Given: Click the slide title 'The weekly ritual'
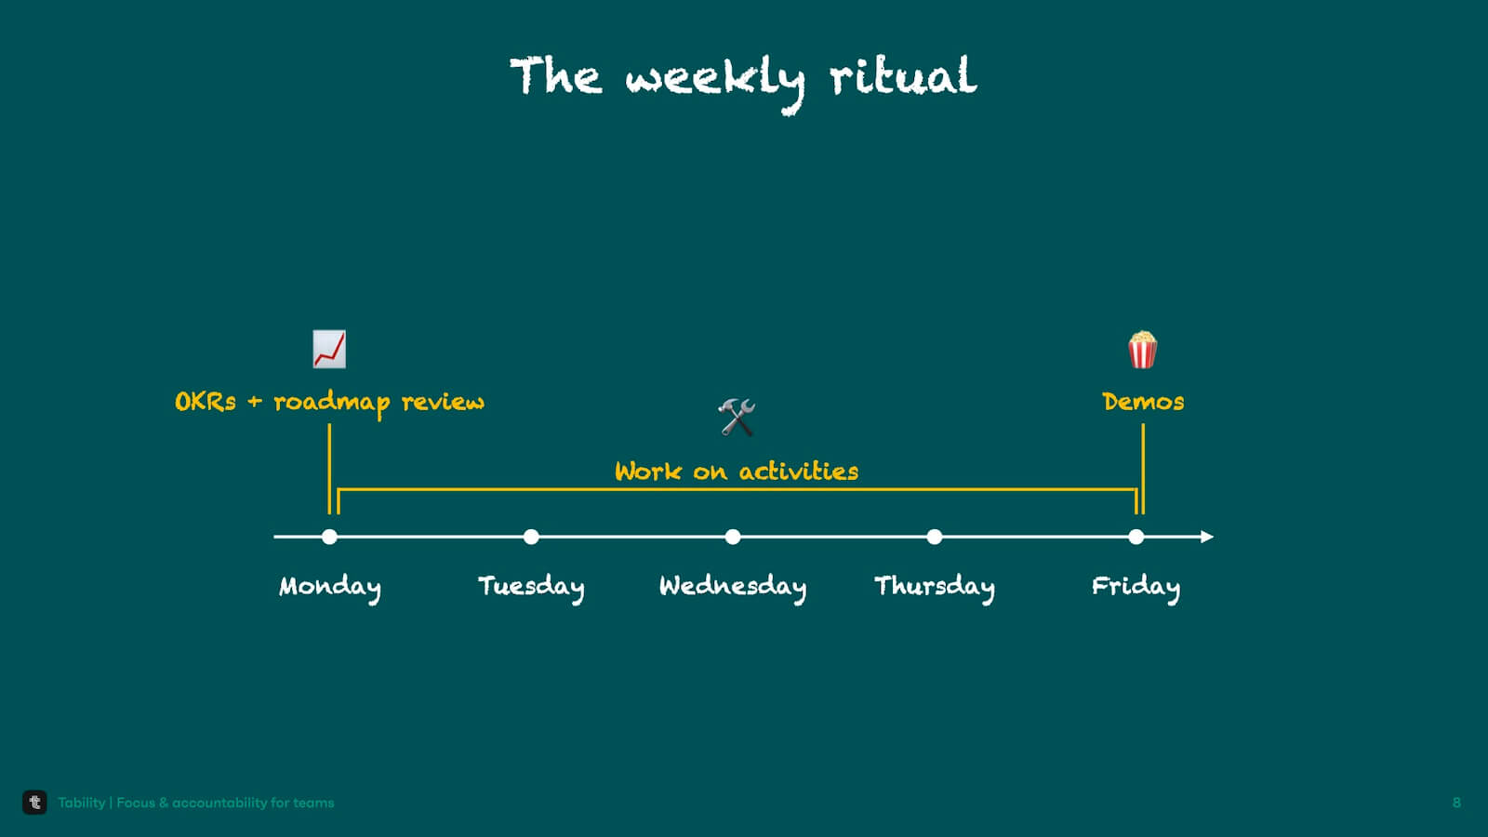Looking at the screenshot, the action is pyautogui.click(x=743, y=82).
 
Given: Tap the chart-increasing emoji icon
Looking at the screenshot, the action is pyautogui.click(x=329, y=350).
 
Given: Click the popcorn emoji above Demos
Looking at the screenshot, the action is pyautogui.click(x=1143, y=350).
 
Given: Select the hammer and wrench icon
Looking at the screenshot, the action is pyautogui.click(x=737, y=418).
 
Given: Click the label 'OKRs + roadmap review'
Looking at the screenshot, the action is pyautogui.click(x=329, y=403).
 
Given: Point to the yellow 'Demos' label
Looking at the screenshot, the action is pyautogui.click(x=1143, y=402).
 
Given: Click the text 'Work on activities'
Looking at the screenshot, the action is pyautogui.click(x=737, y=472).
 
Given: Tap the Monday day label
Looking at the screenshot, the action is pyautogui.click(x=330, y=587).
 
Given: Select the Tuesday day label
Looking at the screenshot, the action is pyautogui.click(x=531, y=587).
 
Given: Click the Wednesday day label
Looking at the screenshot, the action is pyautogui.click(x=733, y=587).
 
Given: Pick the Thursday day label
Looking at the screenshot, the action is pyautogui.click(x=935, y=587).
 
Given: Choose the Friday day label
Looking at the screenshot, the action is pyautogui.click(x=1136, y=587).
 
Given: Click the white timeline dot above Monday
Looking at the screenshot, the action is pyautogui.click(x=329, y=537).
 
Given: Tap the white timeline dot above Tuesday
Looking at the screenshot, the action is pyautogui.click(x=531, y=537).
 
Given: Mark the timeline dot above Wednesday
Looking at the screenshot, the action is pyautogui.click(x=733, y=537).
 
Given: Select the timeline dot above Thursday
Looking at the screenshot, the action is pyautogui.click(x=935, y=537).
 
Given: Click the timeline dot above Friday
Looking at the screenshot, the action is pyautogui.click(x=1136, y=537).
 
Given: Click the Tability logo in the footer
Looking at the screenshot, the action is pyautogui.click(x=34, y=803).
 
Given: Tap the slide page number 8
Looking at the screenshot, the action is pyautogui.click(x=1456, y=804).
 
